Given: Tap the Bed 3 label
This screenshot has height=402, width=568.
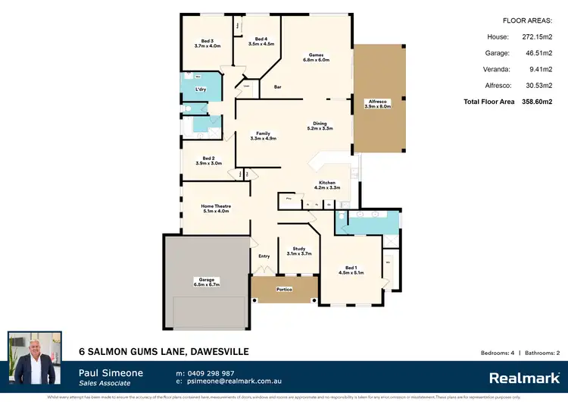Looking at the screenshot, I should [207, 43].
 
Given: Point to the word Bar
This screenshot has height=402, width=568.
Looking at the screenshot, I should [278, 87].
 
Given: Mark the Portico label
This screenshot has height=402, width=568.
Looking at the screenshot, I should [284, 289].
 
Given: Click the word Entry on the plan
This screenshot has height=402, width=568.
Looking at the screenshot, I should [264, 256].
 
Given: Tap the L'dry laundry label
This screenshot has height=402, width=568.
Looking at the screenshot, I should [201, 90].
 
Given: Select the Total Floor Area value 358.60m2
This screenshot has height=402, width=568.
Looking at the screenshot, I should [535, 101].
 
